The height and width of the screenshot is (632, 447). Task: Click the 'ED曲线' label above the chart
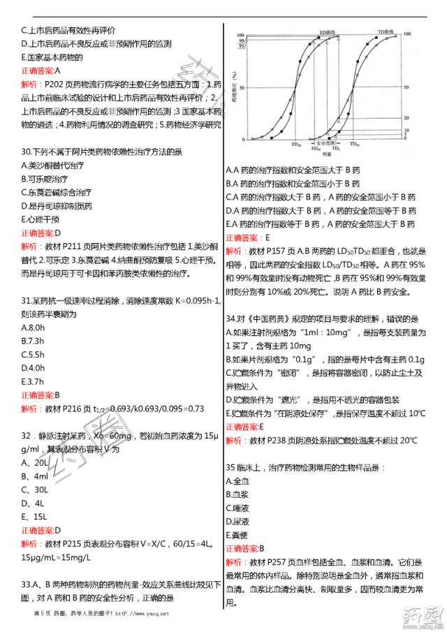(x=329, y=32)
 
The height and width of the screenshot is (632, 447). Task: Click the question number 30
(x=27, y=152)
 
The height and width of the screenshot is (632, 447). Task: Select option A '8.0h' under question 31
(x=34, y=327)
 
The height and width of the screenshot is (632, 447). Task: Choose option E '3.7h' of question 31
(x=34, y=381)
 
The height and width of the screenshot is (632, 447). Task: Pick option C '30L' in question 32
(x=36, y=490)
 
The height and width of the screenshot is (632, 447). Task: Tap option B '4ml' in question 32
(x=34, y=476)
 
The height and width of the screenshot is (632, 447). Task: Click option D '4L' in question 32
(x=34, y=503)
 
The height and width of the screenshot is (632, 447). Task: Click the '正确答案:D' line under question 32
(x=43, y=530)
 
